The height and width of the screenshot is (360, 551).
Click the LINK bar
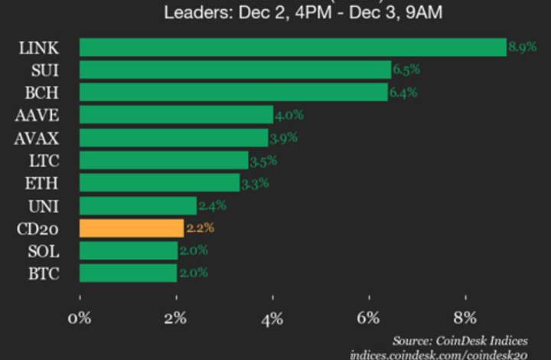[292, 47]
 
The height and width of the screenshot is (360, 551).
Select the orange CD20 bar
[131, 228]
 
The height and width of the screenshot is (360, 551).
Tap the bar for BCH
[233, 93]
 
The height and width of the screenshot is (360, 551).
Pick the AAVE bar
[176, 115]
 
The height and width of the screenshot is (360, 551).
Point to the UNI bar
[138, 205]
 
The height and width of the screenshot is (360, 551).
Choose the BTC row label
[40, 273]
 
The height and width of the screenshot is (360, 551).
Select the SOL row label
[41, 250]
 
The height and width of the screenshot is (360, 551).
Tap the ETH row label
[41, 183]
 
